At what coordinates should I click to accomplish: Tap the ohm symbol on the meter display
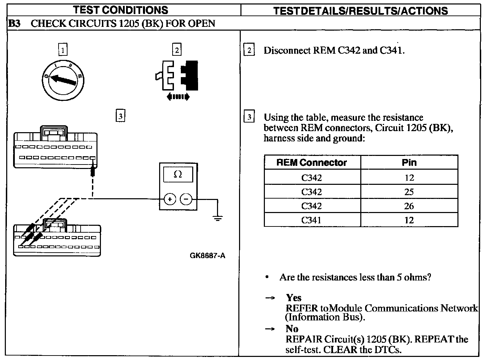(x=178, y=174)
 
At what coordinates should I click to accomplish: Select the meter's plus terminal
(x=170, y=199)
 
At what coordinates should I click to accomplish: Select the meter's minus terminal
(x=186, y=199)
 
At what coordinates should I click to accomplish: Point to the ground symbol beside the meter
(x=217, y=217)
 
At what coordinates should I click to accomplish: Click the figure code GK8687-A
(x=207, y=256)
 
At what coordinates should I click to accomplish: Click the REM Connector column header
(x=312, y=162)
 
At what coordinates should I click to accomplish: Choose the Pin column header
(x=409, y=162)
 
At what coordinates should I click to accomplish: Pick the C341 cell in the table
(x=311, y=220)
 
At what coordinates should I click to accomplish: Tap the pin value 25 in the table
(x=409, y=192)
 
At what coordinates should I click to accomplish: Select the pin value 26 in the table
(x=409, y=206)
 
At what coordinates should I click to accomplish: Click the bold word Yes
(x=293, y=298)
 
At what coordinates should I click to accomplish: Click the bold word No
(x=292, y=329)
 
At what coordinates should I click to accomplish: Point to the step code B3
(x=14, y=23)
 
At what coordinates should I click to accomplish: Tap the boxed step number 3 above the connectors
(x=120, y=116)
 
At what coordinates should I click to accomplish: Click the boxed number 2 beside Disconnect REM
(x=249, y=51)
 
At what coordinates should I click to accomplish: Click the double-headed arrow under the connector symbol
(x=178, y=97)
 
